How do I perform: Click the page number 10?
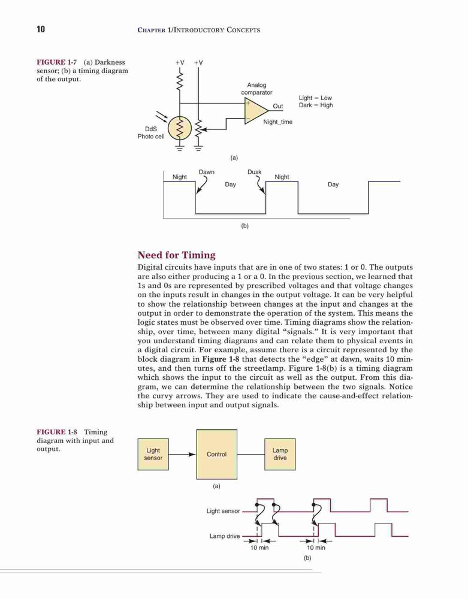pos(41,29)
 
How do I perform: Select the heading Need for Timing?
pos(176,255)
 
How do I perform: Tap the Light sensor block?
pos(153,454)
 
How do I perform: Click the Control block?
pos(216,454)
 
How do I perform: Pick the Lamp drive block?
pos(280,454)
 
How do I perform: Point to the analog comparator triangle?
pos(255,110)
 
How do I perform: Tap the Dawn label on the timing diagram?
pos(207,172)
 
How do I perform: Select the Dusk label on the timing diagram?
pos(255,172)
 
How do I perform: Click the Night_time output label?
pos(277,122)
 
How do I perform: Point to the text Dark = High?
pos(316,105)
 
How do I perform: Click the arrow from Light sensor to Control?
pos(182,454)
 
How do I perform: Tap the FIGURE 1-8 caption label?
pos(57,432)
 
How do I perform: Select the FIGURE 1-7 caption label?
pos(57,62)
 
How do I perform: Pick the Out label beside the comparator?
pos(277,106)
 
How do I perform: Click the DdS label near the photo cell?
pos(151,129)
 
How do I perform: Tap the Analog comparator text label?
pos(256,89)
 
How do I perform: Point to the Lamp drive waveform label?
pos(225,536)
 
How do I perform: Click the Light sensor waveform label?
pos(223,511)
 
